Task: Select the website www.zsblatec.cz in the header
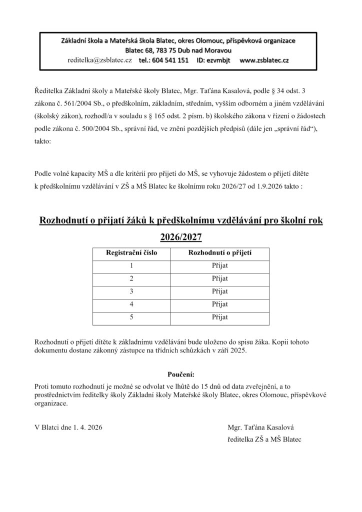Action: coord(264,60)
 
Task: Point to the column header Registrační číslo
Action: coord(131,253)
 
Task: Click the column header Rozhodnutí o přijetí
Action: coord(219,253)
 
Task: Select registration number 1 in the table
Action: coord(131,265)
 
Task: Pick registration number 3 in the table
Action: coord(131,291)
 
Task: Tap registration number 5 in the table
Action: coord(131,316)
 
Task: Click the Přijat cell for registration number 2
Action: coord(219,278)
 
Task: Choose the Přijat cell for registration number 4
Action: coord(219,304)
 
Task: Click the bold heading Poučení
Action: coord(180,374)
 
